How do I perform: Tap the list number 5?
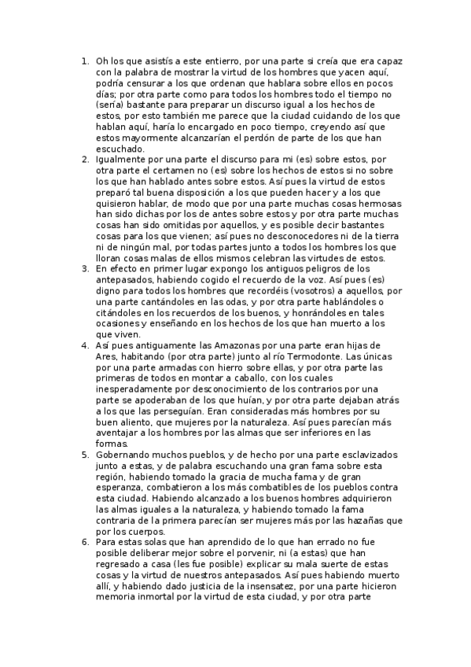[86, 455]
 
